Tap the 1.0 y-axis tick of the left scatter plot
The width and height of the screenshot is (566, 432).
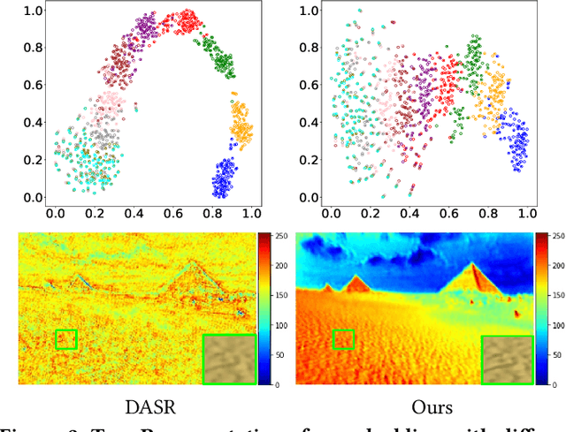34,11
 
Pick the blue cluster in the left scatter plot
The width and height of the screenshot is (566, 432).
226,178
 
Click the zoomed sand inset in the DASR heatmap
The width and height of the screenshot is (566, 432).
229,359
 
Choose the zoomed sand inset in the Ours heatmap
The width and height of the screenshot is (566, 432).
507,359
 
